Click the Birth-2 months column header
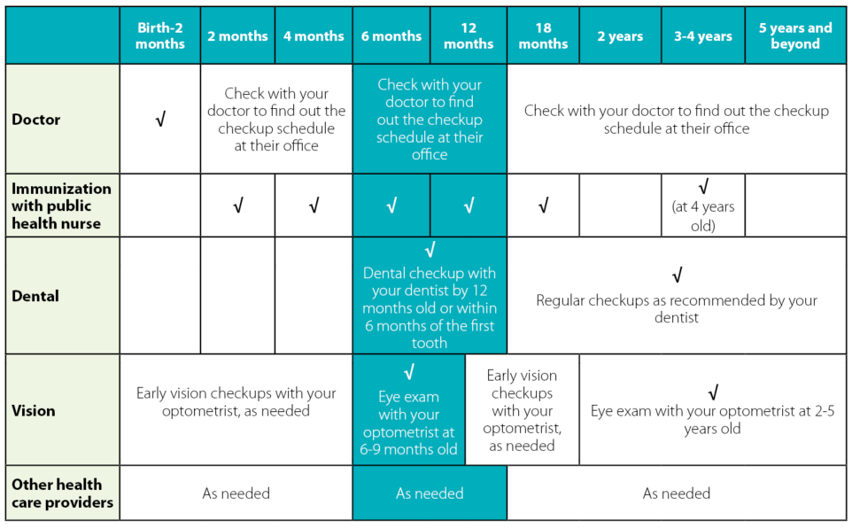click(160, 35)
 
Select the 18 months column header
click(543, 35)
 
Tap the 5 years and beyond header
click(794, 35)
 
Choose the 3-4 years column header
click(702, 36)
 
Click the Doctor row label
click(35, 119)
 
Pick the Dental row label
click(35, 296)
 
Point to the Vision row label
click(34, 410)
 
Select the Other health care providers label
click(57, 493)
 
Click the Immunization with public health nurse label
click(61, 206)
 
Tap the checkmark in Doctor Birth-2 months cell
click(160, 120)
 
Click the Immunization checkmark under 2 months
click(237, 206)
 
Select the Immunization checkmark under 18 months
click(543, 206)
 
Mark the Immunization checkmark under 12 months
click(469, 206)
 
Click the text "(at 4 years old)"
click(702, 216)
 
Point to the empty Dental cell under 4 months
click(314, 296)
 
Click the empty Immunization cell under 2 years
click(620, 206)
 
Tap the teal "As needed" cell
click(430, 493)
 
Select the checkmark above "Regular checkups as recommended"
click(677, 276)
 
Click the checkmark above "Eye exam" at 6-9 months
click(408, 373)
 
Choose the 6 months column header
click(391, 36)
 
